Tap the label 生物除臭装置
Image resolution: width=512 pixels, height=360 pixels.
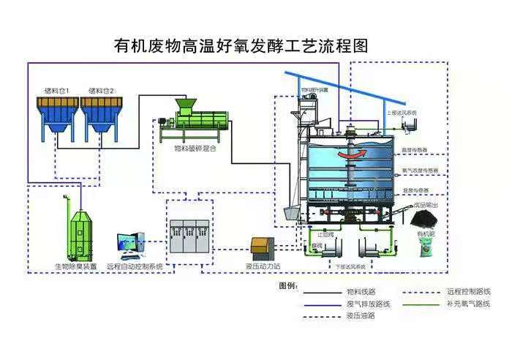[75, 266]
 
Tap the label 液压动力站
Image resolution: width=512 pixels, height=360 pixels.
[262, 266]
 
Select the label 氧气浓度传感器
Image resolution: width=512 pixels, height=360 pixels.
[420, 170]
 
